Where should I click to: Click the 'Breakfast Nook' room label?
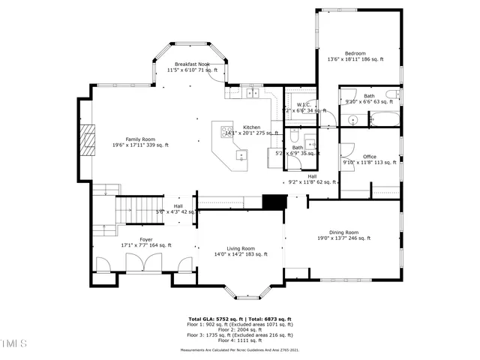(x=192, y=64)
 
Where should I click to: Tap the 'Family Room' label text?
(x=139, y=139)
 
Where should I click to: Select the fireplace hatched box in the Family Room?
(x=89, y=138)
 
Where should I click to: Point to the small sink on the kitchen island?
(x=241, y=155)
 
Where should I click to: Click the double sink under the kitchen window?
(x=253, y=93)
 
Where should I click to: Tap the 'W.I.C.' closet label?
(x=304, y=105)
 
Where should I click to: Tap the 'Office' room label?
(x=369, y=157)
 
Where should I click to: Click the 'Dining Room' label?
(x=343, y=232)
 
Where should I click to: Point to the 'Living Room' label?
(x=241, y=248)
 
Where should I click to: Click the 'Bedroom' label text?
(x=355, y=53)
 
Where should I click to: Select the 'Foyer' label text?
(x=145, y=239)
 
